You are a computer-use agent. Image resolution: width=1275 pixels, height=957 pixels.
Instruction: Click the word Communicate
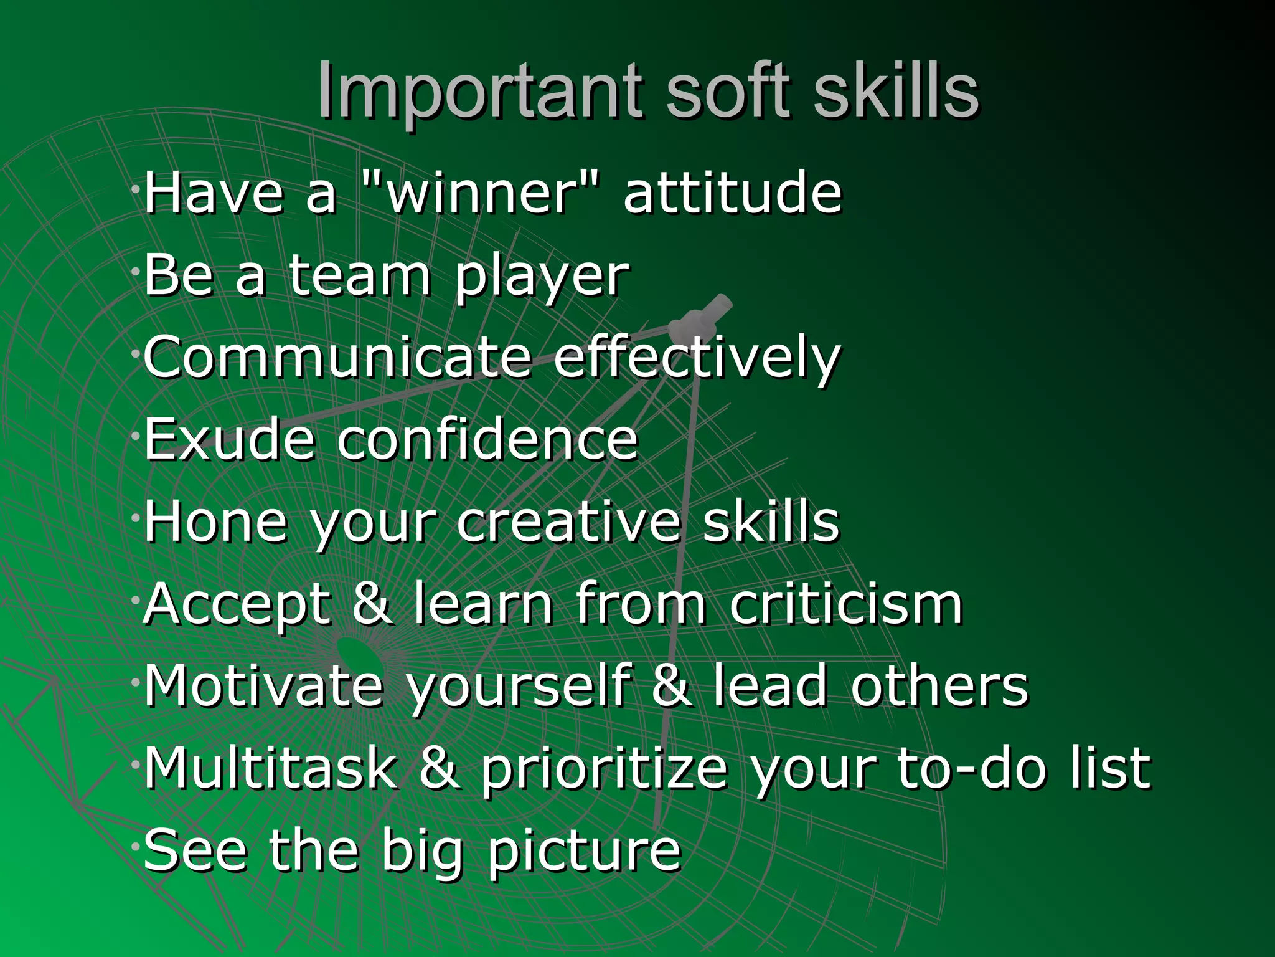click(337, 356)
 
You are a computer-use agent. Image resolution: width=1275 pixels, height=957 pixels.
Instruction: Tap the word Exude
click(229, 439)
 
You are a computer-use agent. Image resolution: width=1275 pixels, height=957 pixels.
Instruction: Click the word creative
click(568, 521)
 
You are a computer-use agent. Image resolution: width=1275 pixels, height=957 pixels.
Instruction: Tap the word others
click(939, 685)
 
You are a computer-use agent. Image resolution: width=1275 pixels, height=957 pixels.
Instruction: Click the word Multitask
click(271, 768)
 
